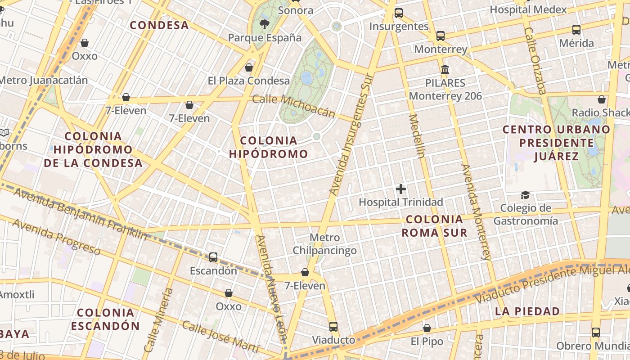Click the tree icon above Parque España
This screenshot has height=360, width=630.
pos(265,24)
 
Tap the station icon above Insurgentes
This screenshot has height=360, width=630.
pos(398,13)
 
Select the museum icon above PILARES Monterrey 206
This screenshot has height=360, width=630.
pos(445,70)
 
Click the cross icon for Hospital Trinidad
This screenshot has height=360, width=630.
pos(400,189)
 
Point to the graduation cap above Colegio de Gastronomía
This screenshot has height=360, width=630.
pos(525,195)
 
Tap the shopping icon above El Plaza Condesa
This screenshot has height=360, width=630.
pos(248,67)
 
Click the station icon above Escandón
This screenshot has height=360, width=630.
pos(213,257)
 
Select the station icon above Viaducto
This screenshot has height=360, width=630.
pos(333,327)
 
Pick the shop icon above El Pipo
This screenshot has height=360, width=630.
pos(427,328)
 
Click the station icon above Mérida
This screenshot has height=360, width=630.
pos(576,30)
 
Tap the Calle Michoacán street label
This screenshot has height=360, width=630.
pos(293,106)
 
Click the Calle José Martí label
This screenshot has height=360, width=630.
pos(220,337)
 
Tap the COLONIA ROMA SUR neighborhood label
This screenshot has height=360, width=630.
pos(434,226)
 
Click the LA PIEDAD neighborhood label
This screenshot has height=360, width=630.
pos(527,311)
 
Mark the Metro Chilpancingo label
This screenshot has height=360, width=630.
pos(324,244)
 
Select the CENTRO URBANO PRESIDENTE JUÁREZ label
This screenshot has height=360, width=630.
pos(557,143)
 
